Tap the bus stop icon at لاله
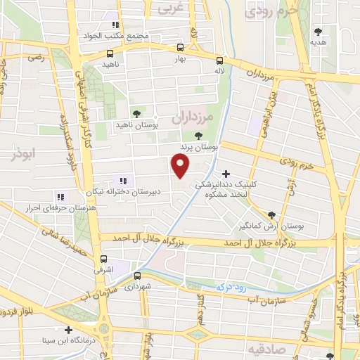220,60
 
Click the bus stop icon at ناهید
109,53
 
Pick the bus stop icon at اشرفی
104,258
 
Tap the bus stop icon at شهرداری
137,276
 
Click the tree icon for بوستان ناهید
136,113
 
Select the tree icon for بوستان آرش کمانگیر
272,215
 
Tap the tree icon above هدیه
319,31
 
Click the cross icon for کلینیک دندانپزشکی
225,174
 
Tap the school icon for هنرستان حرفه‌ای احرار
61,197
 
